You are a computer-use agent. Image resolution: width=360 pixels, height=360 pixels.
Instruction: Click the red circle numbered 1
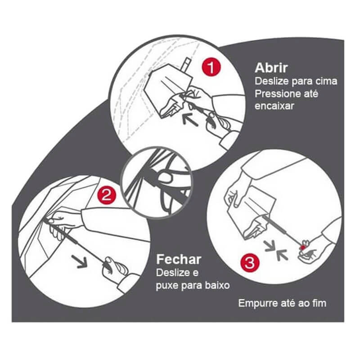tap(211, 67)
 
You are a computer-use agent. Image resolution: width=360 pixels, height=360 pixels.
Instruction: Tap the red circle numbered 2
tap(107, 196)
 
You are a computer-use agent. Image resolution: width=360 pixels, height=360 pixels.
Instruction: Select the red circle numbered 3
tap(250, 262)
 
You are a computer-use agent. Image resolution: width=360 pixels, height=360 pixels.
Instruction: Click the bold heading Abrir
tap(271, 67)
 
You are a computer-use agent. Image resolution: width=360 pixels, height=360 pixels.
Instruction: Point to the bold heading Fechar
tap(179, 260)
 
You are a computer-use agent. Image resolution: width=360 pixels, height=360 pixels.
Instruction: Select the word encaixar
tap(274, 106)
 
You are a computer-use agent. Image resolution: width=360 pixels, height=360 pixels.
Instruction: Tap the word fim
tap(319, 303)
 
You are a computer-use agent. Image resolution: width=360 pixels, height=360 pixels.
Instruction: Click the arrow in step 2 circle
tap(80, 261)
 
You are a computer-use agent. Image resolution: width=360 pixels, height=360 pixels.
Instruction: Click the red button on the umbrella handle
tap(303, 247)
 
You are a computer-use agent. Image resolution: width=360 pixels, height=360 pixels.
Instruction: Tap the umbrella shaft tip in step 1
tap(187, 59)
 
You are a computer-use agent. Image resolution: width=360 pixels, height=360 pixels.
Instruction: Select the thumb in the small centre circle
tap(165, 177)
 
